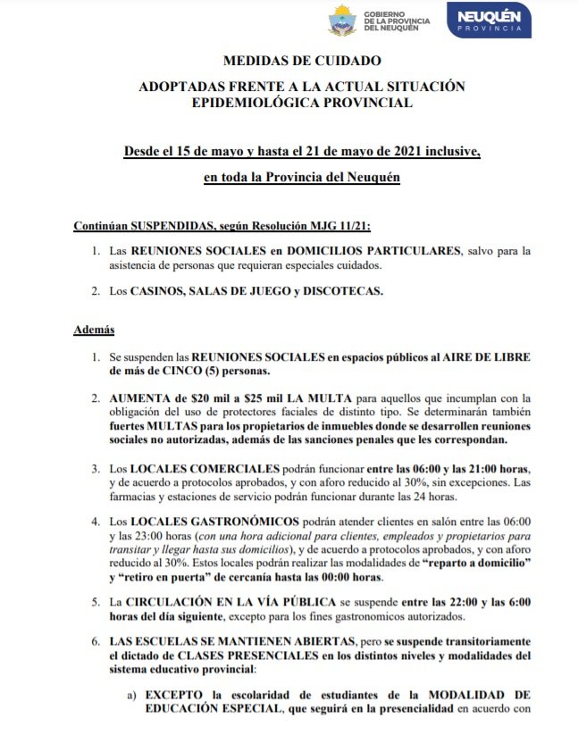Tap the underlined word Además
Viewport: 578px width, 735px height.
point(92,331)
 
